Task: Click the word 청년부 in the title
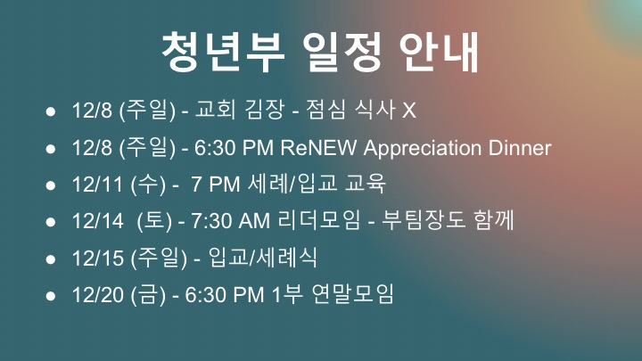click(x=224, y=52)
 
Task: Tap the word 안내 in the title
click(x=439, y=52)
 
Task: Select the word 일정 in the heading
click(x=342, y=52)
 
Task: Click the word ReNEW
click(x=318, y=148)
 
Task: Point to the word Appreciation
click(x=422, y=148)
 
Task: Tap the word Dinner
click(x=520, y=148)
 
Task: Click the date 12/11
click(x=97, y=185)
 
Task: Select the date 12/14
click(x=97, y=221)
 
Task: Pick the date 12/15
click(x=97, y=258)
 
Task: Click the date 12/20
click(x=97, y=295)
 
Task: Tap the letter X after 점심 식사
click(x=409, y=111)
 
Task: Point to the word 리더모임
click(x=319, y=220)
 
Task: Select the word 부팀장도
click(x=424, y=220)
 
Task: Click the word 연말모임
click(x=352, y=294)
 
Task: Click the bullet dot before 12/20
click(x=51, y=296)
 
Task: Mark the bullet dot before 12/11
click(x=51, y=185)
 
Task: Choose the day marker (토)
click(x=154, y=221)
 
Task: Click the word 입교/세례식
click(x=262, y=258)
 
